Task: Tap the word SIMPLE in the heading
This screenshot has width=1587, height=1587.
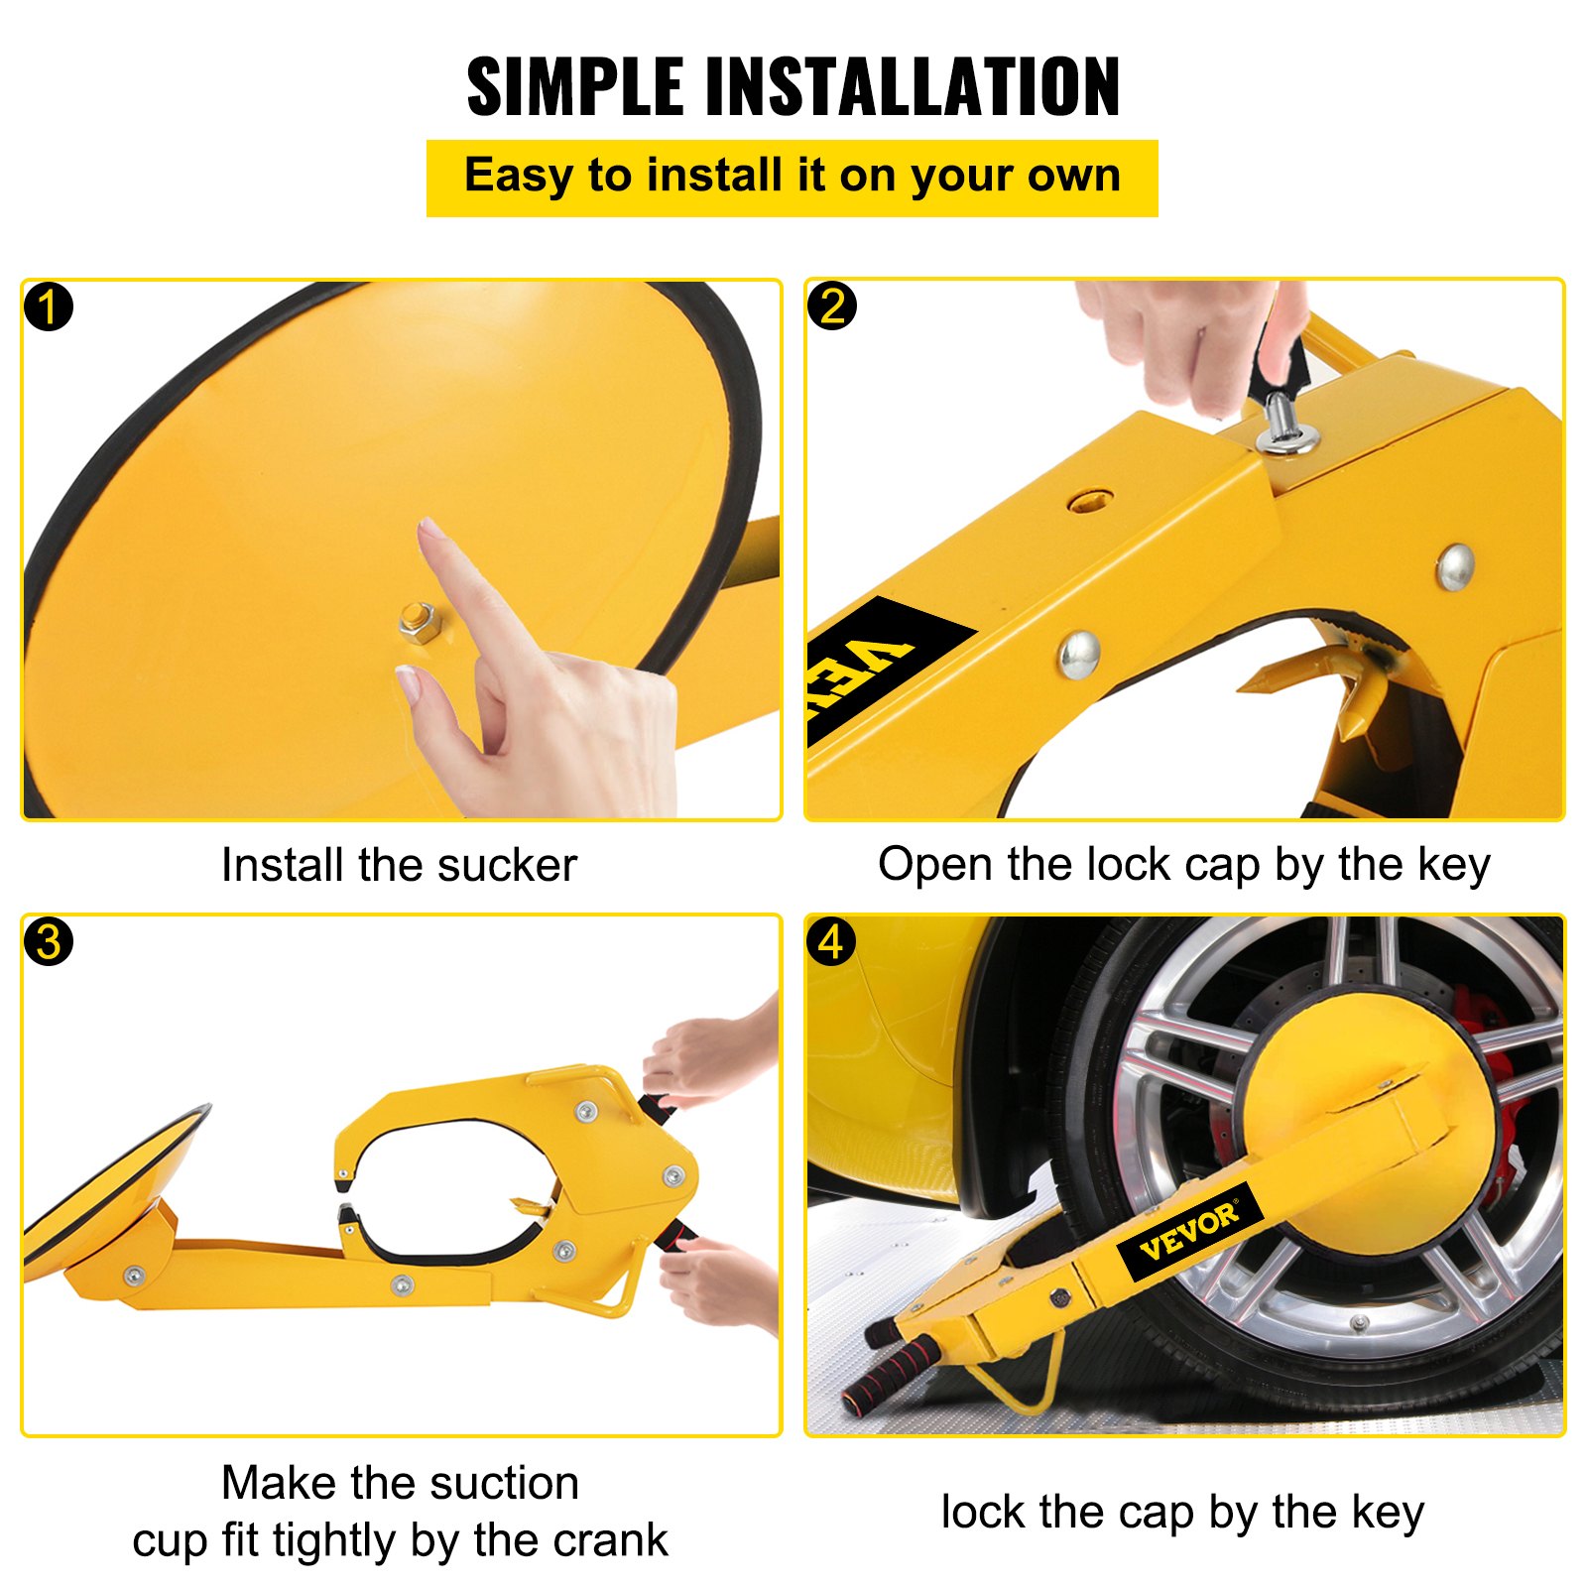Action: tap(575, 87)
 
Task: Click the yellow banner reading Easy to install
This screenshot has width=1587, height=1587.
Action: tap(792, 178)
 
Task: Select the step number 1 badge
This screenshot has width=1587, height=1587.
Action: tap(49, 306)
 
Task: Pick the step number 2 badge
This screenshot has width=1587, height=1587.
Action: tap(832, 305)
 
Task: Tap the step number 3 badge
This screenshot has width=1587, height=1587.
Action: tap(49, 941)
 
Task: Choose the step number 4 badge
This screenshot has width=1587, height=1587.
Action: tap(832, 941)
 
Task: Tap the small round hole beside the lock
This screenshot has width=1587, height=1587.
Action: tap(1089, 499)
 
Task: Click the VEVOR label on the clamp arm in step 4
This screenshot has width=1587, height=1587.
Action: tap(1189, 1232)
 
